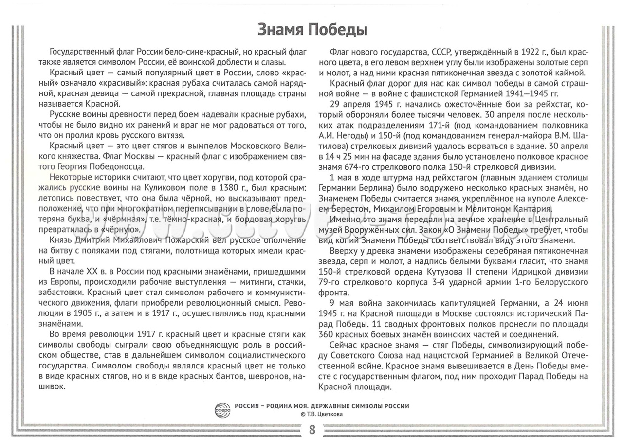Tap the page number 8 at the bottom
coord(311,430)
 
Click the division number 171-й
coord(428,125)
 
